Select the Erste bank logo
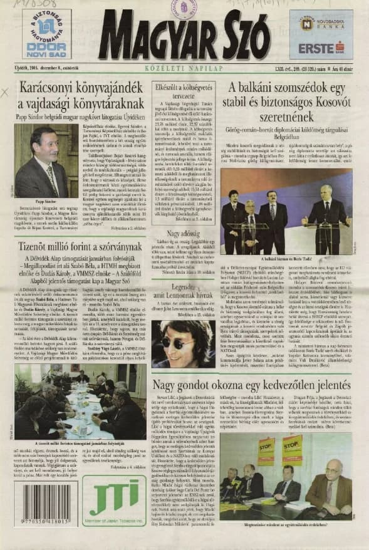click(x=321, y=48)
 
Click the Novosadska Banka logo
click(x=320, y=24)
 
